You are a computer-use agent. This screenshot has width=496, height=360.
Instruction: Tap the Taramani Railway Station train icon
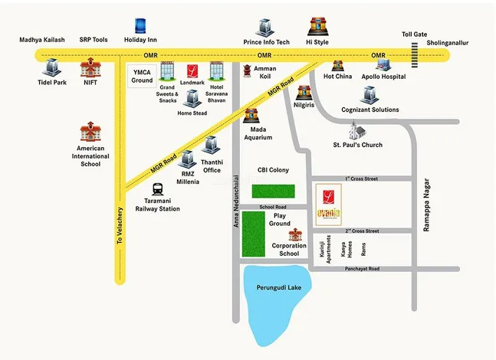click(157, 188)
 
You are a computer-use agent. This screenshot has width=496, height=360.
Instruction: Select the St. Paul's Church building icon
click(356, 130)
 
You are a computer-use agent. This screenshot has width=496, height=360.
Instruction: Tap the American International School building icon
click(90, 132)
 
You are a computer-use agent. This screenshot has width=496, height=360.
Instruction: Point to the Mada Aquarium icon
click(252, 116)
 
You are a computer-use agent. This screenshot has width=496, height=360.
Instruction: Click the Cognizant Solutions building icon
click(370, 94)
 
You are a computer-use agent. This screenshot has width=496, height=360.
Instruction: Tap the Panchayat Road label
click(362, 269)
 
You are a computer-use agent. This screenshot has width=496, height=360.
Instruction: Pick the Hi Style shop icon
click(317, 28)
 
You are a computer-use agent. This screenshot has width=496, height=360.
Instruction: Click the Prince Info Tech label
click(266, 43)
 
